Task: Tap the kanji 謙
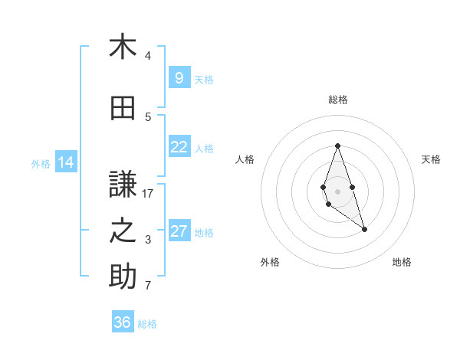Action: pyautogui.click(x=123, y=185)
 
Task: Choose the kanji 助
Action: pyautogui.click(x=123, y=277)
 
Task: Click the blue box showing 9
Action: pyautogui.click(x=179, y=77)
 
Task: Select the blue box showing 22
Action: pyautogui.click(x=179, y=147)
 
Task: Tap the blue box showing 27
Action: pyautogui.click(x=179, y=231)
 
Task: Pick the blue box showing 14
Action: pyautogui.click(x=65, y=162)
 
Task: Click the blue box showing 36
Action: pyautogui.click(x=122, y=322)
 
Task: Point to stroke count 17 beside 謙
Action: pyautogui.click(x=148, y=194)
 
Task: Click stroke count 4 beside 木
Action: pyautogui.click(x=148, y=56)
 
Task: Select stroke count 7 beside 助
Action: pyautogui.click(x=148, y=286)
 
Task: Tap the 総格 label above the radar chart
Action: pyautogui.click(x=337, y=100)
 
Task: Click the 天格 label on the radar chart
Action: pyautogui.click(x=431, y=159)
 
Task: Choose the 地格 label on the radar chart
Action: pyautogui.click(x=402, y=262)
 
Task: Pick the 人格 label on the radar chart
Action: pyautogui.click(x=245, y=159)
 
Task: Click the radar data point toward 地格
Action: pyautogui.click(x=365, y=229)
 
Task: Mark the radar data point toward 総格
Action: pyautogui.click(x=337, y=146)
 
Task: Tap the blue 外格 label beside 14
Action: pyautogui.click(x=40, y=163)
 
